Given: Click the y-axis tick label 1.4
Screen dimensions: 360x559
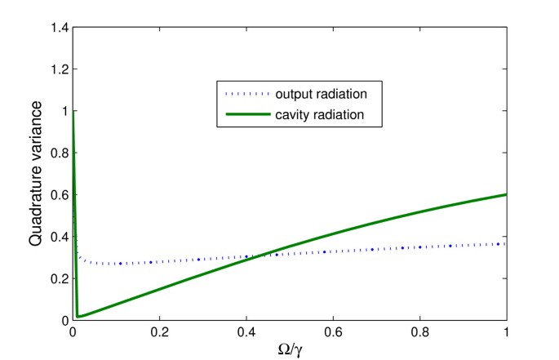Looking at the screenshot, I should (x=59, y=27).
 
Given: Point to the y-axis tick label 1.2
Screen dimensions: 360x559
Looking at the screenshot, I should (x=59, y=69).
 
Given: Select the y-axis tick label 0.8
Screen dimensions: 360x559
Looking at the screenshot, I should (x=59, y=153).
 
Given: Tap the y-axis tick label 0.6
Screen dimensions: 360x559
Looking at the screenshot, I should (x=59, y=194).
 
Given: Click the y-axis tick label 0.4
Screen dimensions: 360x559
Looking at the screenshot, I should (x=59, y=237).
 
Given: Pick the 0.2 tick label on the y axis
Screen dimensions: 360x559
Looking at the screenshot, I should (x=59, y=278).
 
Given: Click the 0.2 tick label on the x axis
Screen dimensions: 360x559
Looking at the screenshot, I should (x=159, y=332).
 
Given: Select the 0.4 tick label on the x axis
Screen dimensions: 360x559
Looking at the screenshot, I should (x=246, y=332).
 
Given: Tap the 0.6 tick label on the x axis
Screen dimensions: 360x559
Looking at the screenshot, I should (x=333, y=332).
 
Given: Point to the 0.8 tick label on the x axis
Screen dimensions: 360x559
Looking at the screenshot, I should (x=419, y=332).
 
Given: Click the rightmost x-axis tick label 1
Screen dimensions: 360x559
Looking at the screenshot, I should (x=507, y=332).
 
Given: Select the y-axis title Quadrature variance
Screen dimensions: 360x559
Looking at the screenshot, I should (x=37, y=174).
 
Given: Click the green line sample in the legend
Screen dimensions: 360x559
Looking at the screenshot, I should (x=244, y=114).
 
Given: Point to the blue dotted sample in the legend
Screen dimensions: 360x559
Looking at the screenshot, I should (x=244, y=91).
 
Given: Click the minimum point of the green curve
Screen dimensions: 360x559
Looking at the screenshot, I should (x=78, y=316).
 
